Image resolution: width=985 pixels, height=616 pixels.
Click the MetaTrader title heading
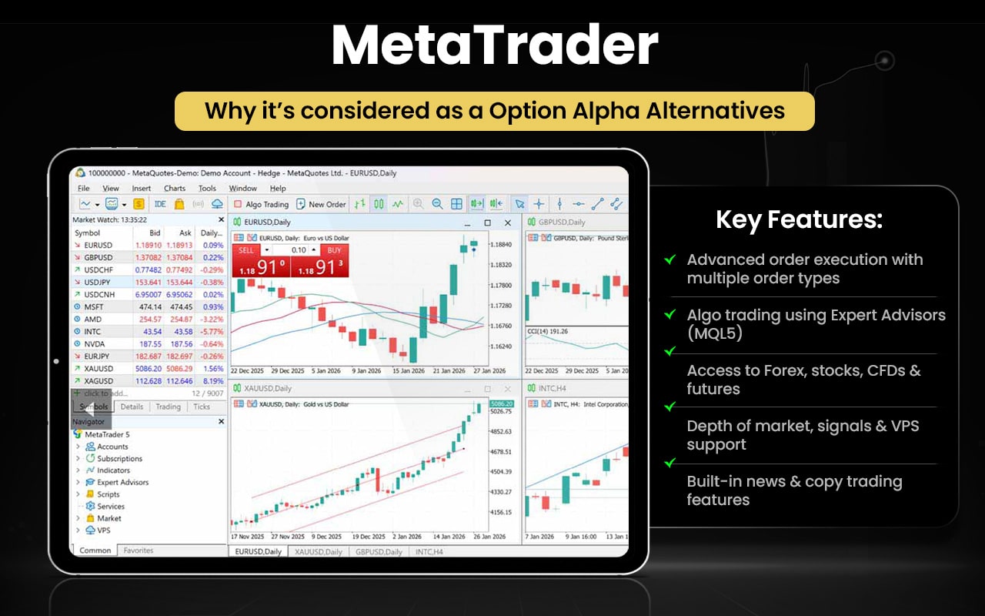494,46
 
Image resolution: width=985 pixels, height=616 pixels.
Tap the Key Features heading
799,220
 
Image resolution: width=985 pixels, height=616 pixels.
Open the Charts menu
174,188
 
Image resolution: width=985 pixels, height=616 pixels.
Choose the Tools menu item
207,188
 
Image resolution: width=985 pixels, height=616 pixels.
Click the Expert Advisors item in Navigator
122,482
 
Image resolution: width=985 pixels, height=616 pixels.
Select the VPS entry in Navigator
103,531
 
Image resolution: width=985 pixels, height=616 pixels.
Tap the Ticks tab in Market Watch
202,407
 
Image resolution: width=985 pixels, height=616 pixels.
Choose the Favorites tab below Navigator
139,551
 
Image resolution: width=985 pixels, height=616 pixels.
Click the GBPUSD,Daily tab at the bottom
379,552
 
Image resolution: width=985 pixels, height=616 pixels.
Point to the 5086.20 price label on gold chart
500,403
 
